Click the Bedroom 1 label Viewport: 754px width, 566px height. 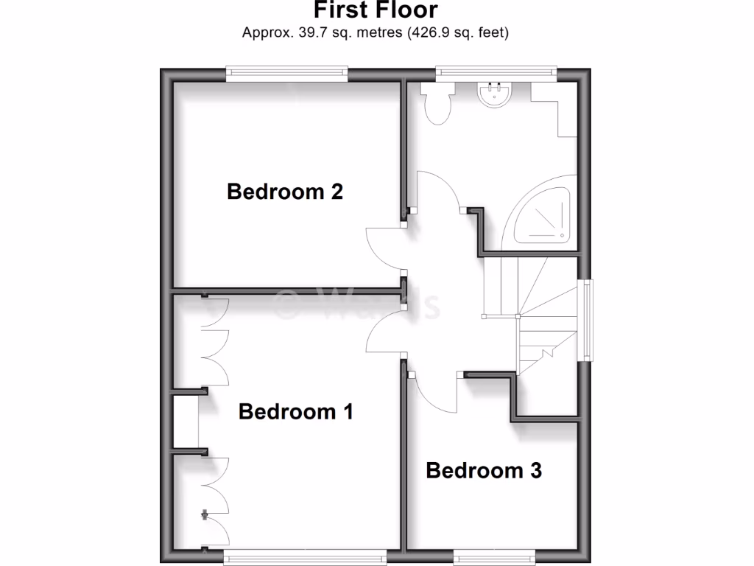tap(295, 411)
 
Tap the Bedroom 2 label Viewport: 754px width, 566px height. tap(285, 192)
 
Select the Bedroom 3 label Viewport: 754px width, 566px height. tap(484, 470)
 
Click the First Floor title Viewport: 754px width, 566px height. tap(376, 10)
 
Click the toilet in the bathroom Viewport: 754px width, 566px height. tap(437, 103)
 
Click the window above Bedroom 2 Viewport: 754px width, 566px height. tap(286, 72)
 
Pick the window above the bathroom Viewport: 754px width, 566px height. tap(496, 72)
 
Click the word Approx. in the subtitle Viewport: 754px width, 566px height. tap(264, 32)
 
